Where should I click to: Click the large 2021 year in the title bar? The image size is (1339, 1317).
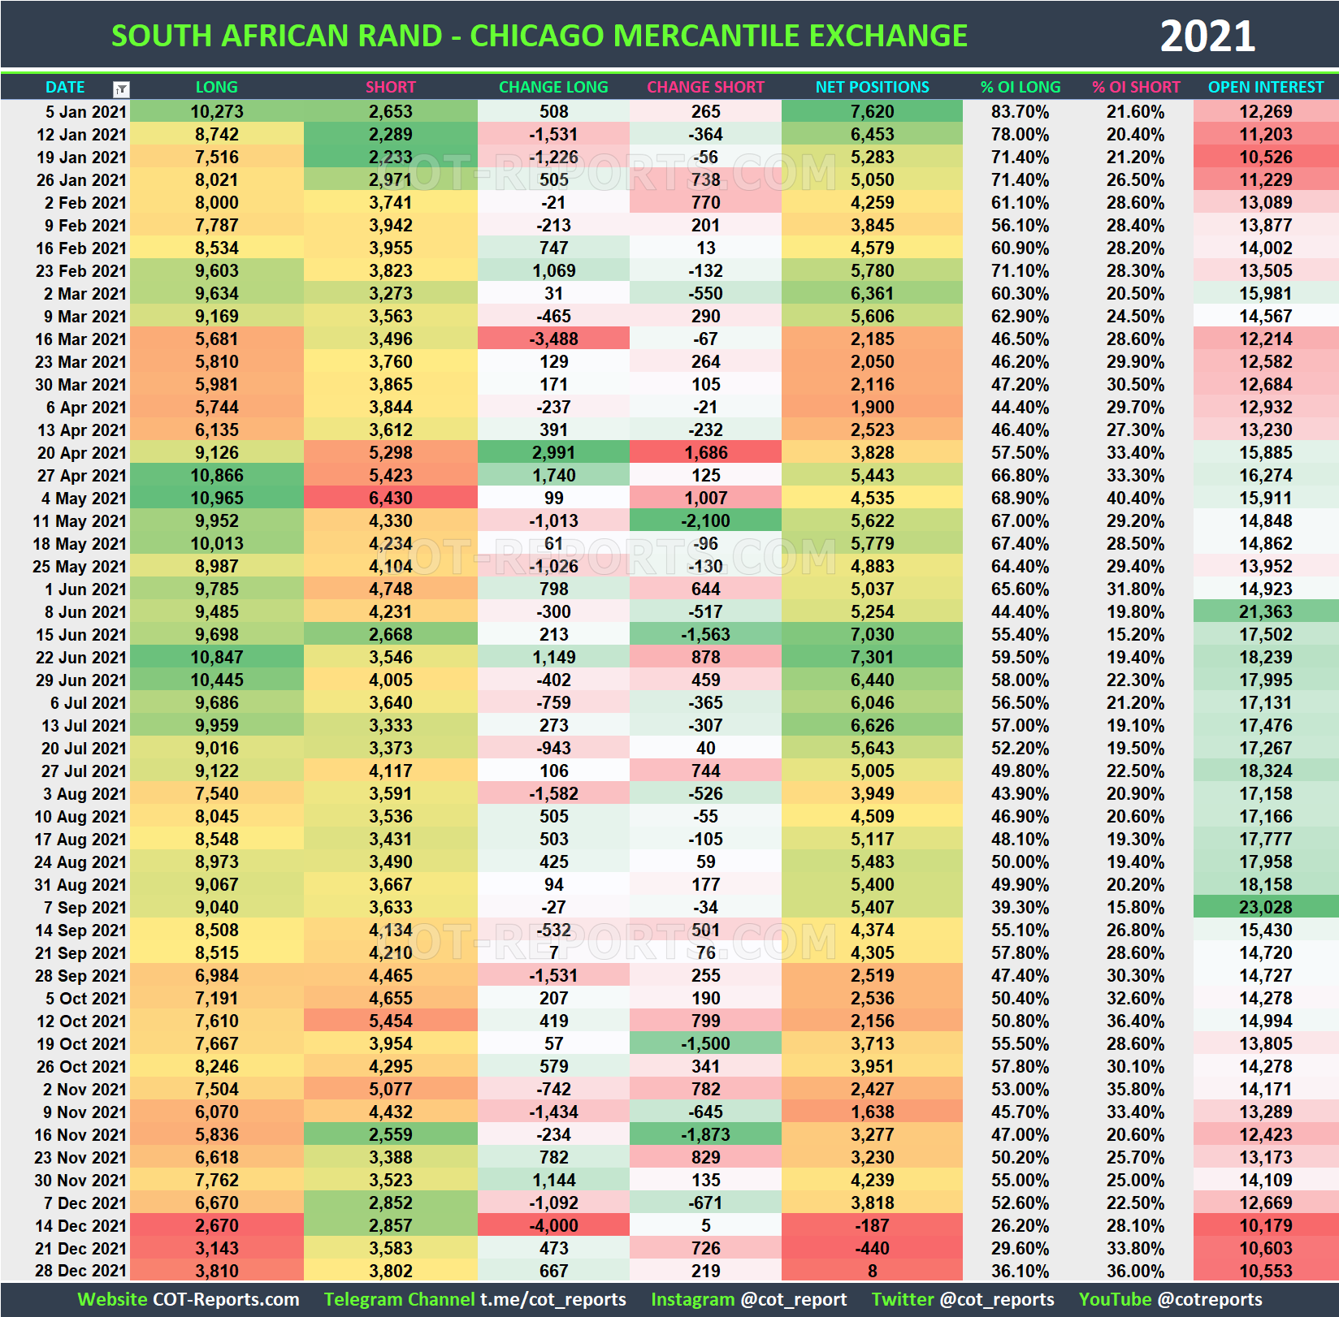click(1207, 37)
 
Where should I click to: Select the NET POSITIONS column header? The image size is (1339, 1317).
click(872, 87)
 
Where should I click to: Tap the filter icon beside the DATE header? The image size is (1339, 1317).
click(121, 89)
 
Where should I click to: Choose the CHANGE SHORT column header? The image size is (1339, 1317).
click(705, 87)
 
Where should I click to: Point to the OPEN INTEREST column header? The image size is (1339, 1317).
click(1265, 87)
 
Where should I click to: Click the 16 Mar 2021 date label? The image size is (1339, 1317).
click(80, 339)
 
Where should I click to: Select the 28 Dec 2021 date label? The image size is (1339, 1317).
click(80, 1271)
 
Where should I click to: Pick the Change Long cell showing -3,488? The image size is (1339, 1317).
click(553, 339)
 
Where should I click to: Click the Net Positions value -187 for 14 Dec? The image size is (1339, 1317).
click(872, 1225)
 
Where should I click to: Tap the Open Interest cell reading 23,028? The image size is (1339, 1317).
click(1265, 907)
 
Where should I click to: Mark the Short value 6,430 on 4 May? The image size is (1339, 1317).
click(390, 498)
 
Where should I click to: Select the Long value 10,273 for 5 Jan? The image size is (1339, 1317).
click(217, 111)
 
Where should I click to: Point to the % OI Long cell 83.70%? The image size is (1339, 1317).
click(1020, 111)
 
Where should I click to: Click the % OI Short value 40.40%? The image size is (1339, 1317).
click(1135, 498)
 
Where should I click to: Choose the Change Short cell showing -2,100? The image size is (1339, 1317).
click(705, 520)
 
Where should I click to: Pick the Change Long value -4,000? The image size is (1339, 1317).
click(553, 1225)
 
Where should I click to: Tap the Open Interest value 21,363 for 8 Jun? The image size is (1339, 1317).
click(1265, 611)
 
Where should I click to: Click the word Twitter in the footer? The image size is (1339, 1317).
click(903, 1299)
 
